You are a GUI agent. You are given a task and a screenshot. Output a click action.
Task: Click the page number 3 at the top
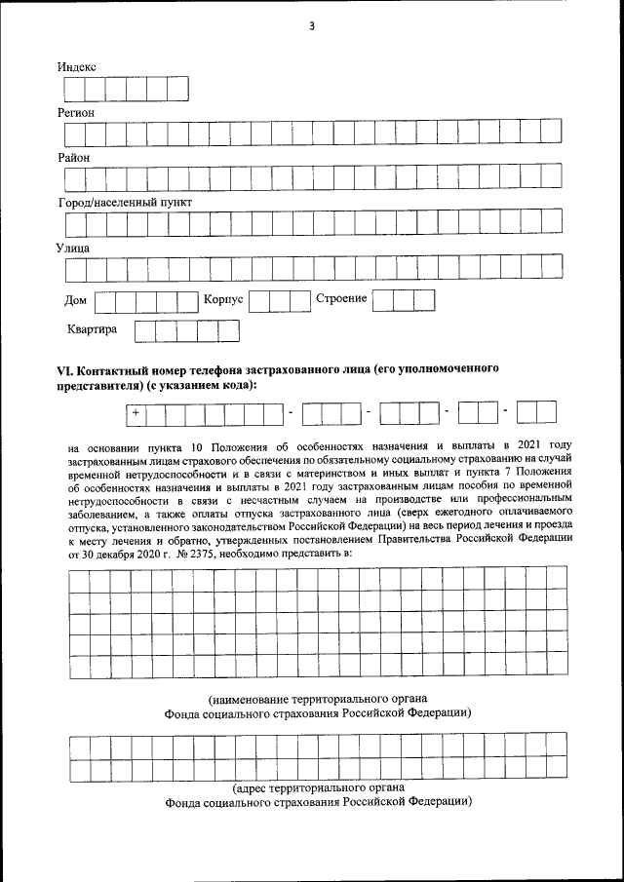click(x=312, y=26)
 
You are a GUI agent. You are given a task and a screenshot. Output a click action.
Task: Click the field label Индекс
click(x=77, y=66)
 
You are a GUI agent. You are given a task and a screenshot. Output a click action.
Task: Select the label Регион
click(x=76, y=112)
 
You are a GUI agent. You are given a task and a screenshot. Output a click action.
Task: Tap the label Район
click(x=74, y=157)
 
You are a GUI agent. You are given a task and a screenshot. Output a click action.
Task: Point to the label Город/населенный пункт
click(x=125, y=202)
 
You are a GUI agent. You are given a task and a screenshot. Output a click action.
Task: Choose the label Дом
click(x=75, y=300)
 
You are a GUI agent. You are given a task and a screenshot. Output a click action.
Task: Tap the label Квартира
click(x=93, y=329)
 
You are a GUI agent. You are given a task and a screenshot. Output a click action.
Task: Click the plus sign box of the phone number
click(x=136, y=414)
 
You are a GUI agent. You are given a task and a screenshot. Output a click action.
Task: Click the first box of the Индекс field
click(x=74, y=89)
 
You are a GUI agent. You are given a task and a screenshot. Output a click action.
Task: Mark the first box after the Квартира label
click(x=144, y=330)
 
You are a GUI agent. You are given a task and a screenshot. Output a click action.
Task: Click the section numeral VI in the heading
click(x=65, y=371)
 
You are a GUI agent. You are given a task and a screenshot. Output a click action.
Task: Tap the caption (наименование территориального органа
click(x=319, y=699)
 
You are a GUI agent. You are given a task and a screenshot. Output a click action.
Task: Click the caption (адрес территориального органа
click(x=319, y=787)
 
